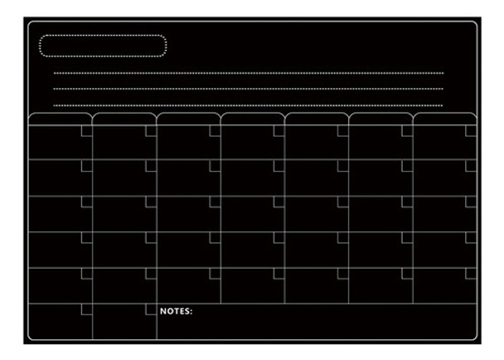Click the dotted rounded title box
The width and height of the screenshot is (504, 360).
click(103, 46)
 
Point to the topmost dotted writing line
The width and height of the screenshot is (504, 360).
click(249, 73)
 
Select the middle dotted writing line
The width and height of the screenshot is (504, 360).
click(249, 89)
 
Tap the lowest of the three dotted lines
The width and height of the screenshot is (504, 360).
click(249, 105)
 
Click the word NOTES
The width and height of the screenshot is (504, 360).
click(176, 312)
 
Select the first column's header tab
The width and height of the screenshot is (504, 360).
click(60, 119)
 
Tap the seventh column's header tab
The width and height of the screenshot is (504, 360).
click(445, 119)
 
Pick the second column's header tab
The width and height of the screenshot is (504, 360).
click(124, 119)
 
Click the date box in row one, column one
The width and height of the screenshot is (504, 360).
click(86, 130)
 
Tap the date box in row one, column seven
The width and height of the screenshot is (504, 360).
click(472, 130)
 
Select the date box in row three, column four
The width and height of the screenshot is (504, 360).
click(279, 202)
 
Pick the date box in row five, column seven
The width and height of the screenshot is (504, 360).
click(472, 273)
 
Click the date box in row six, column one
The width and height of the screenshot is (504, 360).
click(86, 309)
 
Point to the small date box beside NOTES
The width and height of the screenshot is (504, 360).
click(151, 309)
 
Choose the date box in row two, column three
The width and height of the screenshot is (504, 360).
click(215, 166)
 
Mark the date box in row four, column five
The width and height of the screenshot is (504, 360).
click(343, 237)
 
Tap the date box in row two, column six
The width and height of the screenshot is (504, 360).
click(407, 166)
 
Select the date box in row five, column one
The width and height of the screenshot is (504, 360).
click(86, 273)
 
